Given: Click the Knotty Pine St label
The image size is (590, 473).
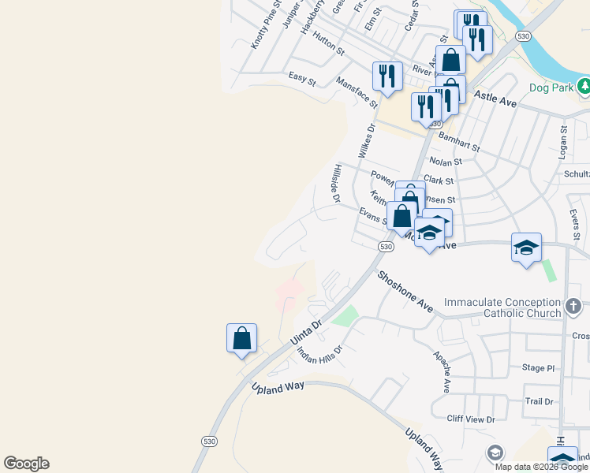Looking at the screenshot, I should click(x=267, y=25).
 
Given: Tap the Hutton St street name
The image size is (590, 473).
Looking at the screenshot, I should click(x=328, y=43).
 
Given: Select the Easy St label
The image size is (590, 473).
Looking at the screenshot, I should click(x=302, y=79).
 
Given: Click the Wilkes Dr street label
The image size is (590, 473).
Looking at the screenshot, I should click(x=366, y=140).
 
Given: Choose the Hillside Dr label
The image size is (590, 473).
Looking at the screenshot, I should click(x=337, y=183).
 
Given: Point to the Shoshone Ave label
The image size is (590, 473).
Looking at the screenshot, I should click(x=405, y=292).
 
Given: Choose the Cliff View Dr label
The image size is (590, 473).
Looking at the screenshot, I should click(x=470, y=419).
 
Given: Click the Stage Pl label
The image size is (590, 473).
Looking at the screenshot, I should click(x=539, y=368).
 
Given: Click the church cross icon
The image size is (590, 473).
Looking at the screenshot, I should click(x=573, y=305).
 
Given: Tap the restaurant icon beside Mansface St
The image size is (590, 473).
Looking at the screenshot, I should click(x=386, y=76).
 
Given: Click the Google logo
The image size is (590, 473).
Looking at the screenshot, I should click(x=26, y=464).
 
